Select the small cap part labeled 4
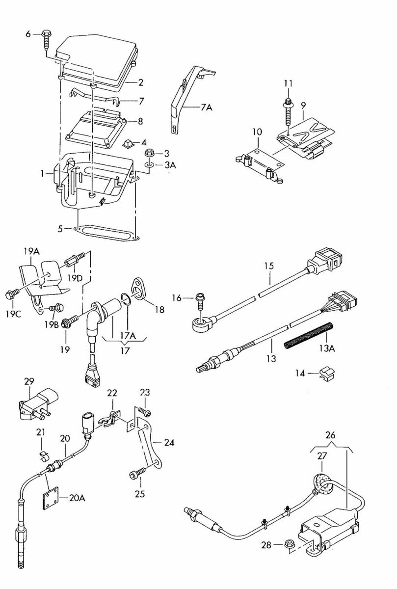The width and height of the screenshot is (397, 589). (128, 143)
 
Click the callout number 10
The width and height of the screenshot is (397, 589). (257, 132)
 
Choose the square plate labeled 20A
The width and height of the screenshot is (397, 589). (53, 497)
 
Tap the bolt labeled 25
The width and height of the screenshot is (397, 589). (136, 474)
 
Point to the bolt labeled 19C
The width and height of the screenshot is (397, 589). (11, 295)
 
